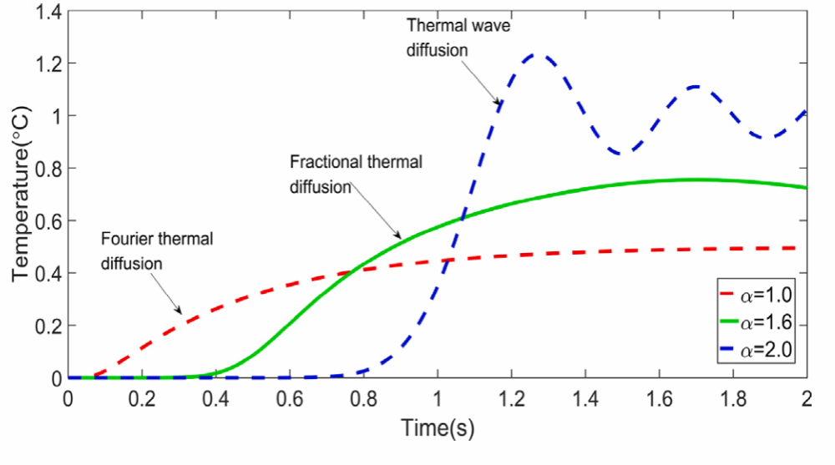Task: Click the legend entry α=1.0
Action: click(x=757, y=295)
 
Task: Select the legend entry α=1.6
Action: click(x=757, y=322)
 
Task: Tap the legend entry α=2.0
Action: click(x=757, y=350)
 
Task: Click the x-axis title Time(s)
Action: click(x=438, y=427)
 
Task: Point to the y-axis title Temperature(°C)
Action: click(x=22, y=195)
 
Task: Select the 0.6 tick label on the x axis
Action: click(x=290, y=398)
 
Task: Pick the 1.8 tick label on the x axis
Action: click(x=733, y=398)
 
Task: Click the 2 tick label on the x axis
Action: click(x=807, y=398)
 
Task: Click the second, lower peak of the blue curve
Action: click(x=696, y=87)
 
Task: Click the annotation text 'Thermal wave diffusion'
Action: click(x=458, y=38)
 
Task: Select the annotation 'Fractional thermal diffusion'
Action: click(x=356, y=174)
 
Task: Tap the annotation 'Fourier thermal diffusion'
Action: click(x=157, y=251)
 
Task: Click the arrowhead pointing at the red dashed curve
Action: click(x=179, y=310)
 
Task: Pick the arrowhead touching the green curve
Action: click(x=397, y=235)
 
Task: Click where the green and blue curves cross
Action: click(x=461, y=217)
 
